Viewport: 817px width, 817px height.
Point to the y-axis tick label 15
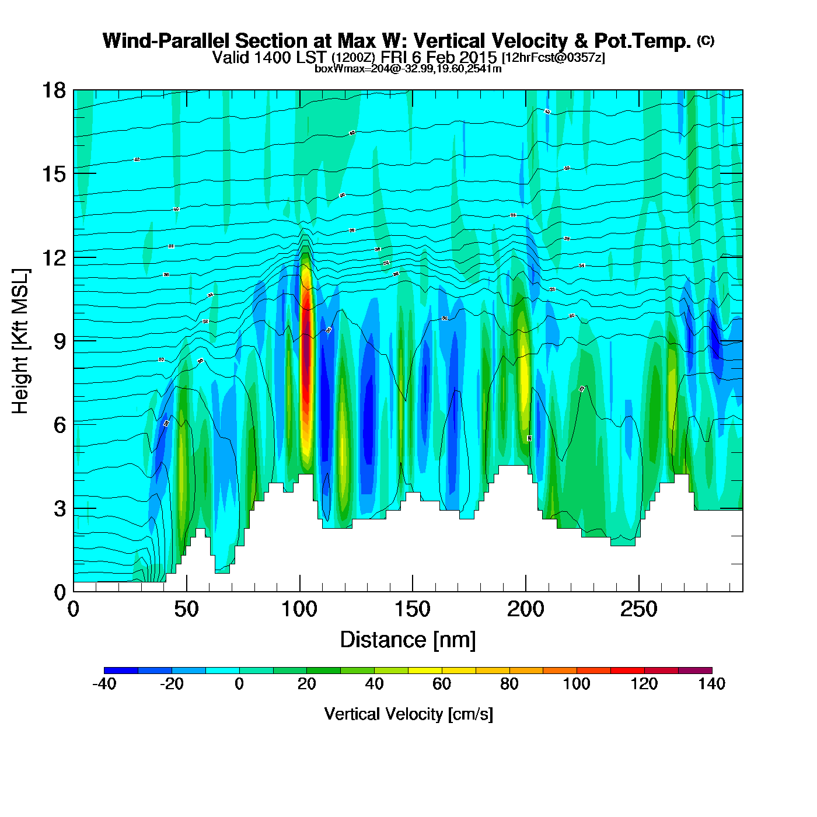coord(53,174)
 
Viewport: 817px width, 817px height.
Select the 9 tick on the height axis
coord(60,341)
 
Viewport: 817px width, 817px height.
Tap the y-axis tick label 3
coord(60,509)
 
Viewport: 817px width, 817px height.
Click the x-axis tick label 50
coord(186,610)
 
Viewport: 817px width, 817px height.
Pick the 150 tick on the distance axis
coord(412,610)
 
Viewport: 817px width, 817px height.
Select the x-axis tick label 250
coord(638,610)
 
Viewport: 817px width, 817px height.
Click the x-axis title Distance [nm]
coord(408,640)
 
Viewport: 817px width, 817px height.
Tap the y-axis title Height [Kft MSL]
coord(20,341)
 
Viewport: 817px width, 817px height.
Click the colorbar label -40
coord(104,684)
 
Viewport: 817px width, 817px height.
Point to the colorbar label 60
coord(442,684)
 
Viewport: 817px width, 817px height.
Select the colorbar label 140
coord(711,684)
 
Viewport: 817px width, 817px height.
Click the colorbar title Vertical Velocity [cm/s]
coord(408,714)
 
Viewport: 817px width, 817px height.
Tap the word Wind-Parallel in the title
coord(166,41)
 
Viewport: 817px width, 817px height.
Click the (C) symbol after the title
coord(706,40)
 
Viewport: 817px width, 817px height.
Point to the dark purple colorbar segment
coord(695,671)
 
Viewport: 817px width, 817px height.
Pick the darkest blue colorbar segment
coord(121,671)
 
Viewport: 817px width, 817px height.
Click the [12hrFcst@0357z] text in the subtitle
coord(553,58)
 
